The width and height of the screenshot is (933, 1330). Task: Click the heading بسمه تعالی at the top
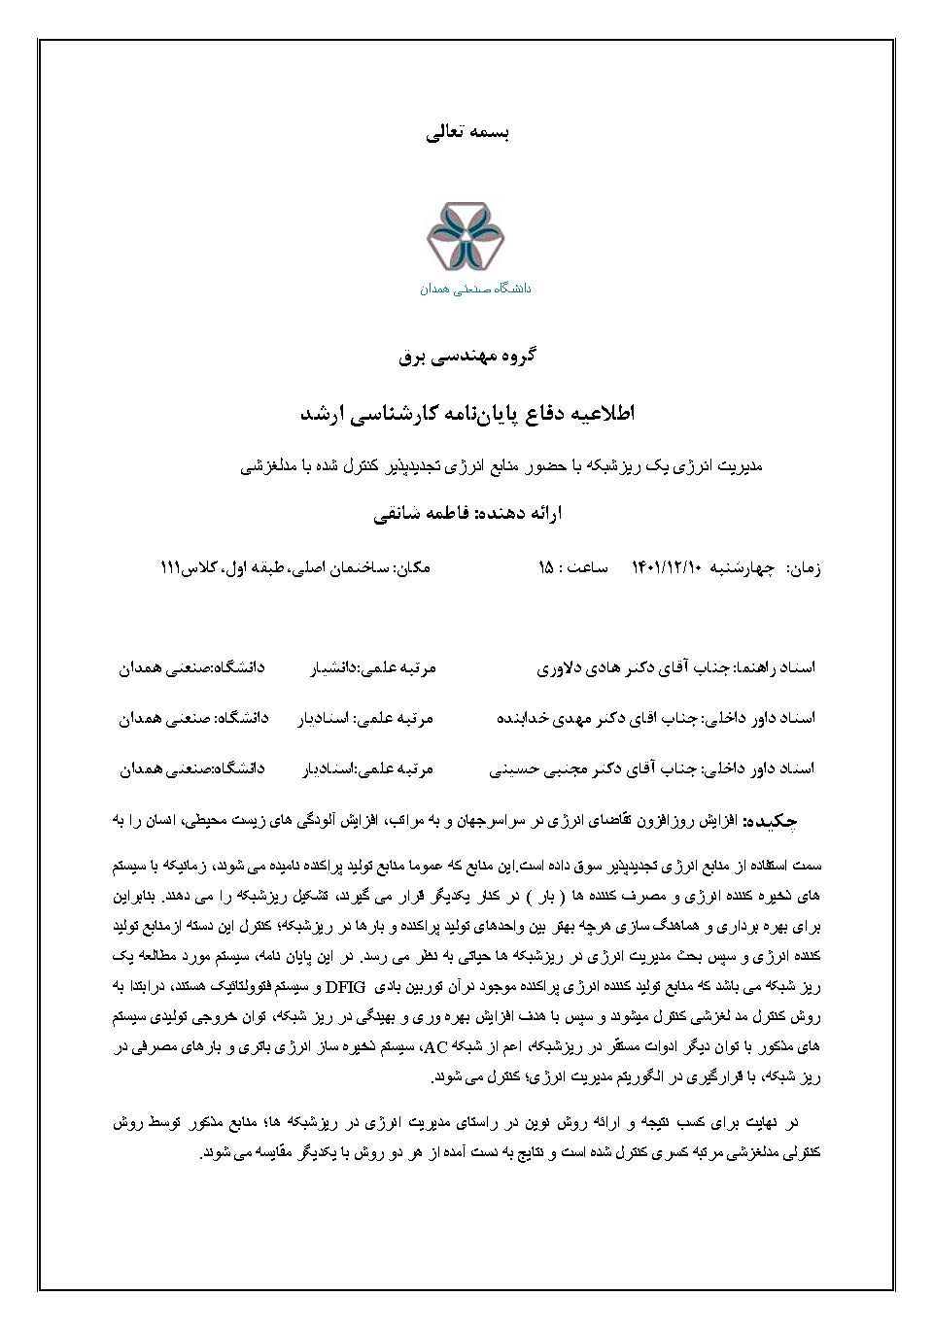468,133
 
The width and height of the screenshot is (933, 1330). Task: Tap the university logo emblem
466,238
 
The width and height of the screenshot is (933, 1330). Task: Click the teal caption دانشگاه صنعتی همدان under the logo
476,289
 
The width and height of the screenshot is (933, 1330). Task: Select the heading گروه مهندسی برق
468,356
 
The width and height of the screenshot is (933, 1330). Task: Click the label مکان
411,566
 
